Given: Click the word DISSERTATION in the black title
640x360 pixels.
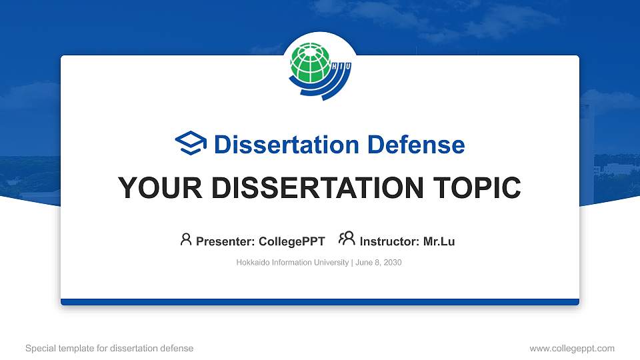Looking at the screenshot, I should [x=307, y=189].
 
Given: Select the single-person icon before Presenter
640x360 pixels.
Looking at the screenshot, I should [x=186, y=239].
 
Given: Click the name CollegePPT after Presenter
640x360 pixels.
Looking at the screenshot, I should [x=293, y=241].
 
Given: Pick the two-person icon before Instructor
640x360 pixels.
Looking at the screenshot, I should [x=347, y=239].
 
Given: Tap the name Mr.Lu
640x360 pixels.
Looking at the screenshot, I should [x=439, y=241].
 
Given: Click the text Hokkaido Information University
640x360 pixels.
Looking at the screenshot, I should [x=292, y=263].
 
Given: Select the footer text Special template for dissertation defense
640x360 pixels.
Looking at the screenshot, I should [x=109, y=348].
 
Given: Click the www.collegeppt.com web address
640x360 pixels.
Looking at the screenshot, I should [x=572, y=348].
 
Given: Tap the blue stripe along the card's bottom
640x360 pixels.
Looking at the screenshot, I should [x=320, y=302].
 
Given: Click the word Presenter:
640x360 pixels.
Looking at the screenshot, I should [x=221, y=241].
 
